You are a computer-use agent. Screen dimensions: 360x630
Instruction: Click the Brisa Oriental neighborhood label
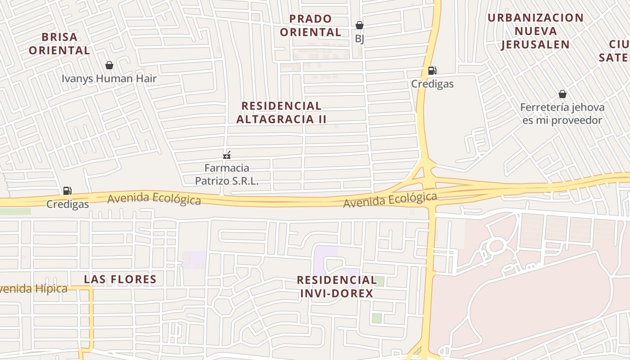tap(59, 44)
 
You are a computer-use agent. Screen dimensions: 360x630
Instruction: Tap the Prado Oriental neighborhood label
tap(310, 26)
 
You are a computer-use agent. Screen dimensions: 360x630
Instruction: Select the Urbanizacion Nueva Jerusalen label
tap(535, 31)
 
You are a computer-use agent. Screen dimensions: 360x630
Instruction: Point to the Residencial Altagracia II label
tap(281, 112)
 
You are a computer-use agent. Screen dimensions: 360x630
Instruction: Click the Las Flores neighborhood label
tap(120, 279)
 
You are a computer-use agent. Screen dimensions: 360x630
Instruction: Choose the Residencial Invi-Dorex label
tap(337, 287)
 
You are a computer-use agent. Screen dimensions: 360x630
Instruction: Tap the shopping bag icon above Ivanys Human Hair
tap(109, 66)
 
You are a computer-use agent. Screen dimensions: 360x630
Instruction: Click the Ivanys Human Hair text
tap(109, 79)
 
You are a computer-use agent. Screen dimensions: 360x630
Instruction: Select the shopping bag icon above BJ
tap(359, 25)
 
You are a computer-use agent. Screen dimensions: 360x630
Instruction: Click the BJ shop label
tap(359, 39)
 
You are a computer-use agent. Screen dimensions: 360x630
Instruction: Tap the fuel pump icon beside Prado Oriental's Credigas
tap(432, 70)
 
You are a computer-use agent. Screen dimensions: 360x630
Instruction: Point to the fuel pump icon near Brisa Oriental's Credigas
tap(67, 191)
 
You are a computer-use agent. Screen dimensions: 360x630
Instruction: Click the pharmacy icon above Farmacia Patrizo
tap(227, 156)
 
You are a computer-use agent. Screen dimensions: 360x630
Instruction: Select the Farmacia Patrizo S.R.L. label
tap(227, 175)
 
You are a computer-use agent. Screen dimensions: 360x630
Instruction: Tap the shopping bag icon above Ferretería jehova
tap(562, 94)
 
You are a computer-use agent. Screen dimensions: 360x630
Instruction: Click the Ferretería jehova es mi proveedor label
tap(562, 114)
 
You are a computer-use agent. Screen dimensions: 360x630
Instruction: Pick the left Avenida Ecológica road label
tap(154, 198)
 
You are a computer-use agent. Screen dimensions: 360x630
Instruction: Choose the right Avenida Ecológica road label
tap(390, 200)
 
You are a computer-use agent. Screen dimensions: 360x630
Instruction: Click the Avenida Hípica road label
tap(33, 289)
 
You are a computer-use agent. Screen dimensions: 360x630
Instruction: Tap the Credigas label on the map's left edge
tap(67, 204)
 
